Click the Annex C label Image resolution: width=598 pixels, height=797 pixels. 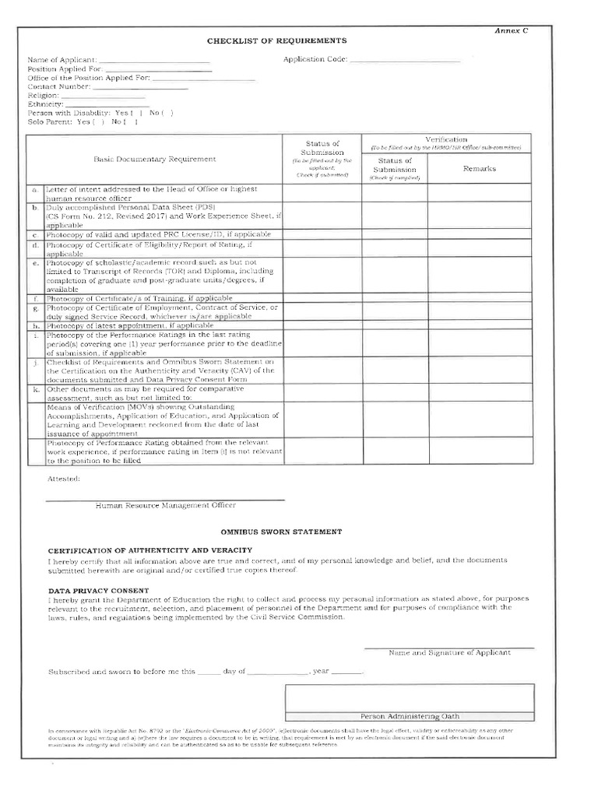512,30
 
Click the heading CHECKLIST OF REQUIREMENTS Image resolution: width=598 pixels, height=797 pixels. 276,40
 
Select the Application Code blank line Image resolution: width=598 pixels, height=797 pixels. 405,60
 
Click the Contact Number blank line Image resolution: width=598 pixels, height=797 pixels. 145,87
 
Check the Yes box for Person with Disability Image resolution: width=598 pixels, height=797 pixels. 137,113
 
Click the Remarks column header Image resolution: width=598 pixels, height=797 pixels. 479,168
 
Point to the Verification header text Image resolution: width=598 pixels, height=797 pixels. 446,139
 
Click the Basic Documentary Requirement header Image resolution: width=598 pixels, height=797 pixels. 155,159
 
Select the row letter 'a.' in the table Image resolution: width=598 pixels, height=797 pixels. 35,190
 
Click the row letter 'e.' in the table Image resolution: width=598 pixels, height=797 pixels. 35,263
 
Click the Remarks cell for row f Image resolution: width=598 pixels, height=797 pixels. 479,298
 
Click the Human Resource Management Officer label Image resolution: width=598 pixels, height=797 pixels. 165,505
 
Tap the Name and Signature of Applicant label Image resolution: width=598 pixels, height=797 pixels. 449,652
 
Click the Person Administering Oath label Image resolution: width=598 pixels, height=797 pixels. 410,716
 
